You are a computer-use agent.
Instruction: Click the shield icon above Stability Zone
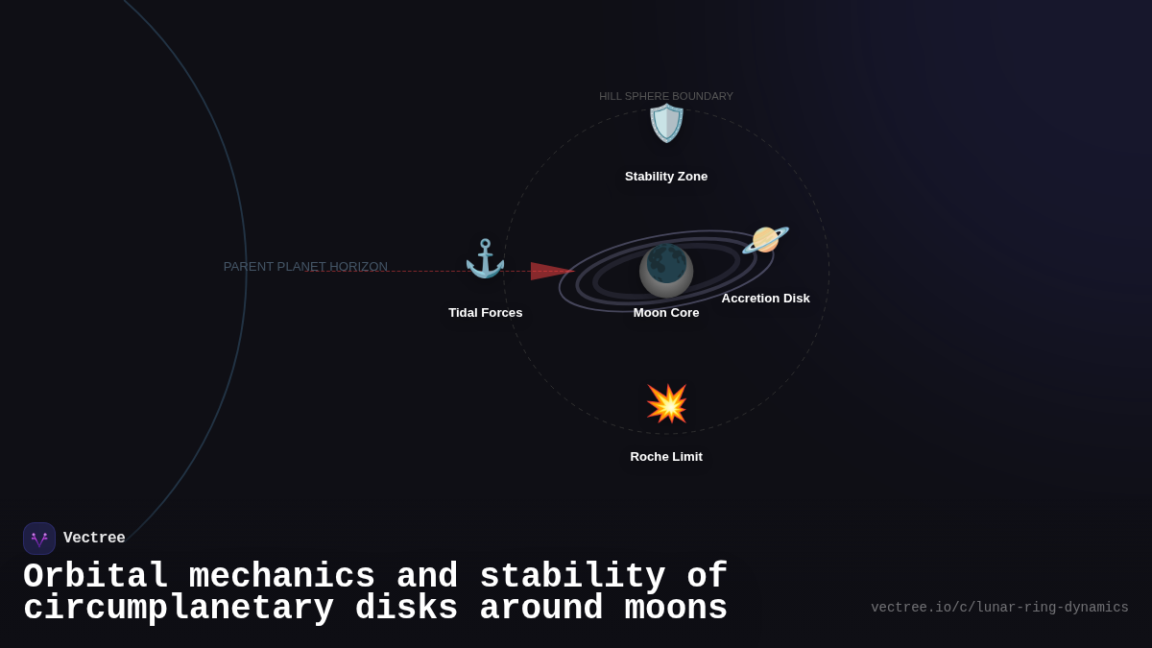(x=666, y=124)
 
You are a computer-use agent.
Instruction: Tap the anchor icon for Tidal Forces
(x=485, y=259)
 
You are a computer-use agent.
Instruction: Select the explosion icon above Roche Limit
(x=666, y=403)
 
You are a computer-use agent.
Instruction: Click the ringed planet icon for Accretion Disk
(x=765, y=240)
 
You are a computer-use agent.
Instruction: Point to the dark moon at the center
(x=666, y=270)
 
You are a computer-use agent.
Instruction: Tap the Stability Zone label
(x=666, y=177)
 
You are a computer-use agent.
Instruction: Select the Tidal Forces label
(x=486, y=313)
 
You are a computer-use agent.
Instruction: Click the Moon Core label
(x=666, y=313)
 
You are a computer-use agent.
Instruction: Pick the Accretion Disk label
(x=765, y=299)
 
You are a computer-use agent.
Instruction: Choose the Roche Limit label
(x=666, y=457)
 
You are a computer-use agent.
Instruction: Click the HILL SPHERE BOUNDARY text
(x=666, y=96)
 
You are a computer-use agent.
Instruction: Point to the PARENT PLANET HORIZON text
(x=305, y=267)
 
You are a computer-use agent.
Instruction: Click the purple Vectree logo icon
(x=39, y=539)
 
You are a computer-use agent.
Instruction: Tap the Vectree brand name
(x=94, y=539)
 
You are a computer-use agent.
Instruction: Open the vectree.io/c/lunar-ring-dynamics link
(x=999, y=608)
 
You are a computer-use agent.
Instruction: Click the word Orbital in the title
(x=96, y=577)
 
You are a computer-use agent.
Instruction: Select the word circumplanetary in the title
(x=179, y=609)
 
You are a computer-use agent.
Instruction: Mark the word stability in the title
(x=572, y=577)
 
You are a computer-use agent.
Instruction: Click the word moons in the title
(x=676, y=609)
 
